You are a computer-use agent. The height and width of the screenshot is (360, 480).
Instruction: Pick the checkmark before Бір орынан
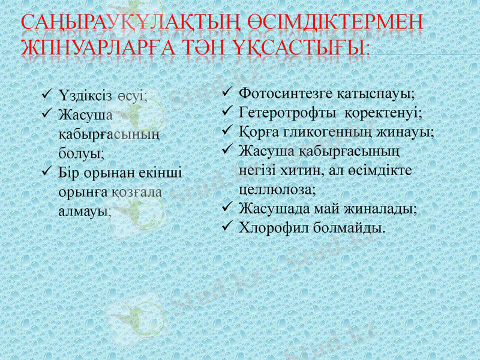point(47,173)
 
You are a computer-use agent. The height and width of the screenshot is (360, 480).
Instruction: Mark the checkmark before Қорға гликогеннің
point(226,131)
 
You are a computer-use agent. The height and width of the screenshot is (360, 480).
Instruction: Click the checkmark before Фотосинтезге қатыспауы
point(226,94)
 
